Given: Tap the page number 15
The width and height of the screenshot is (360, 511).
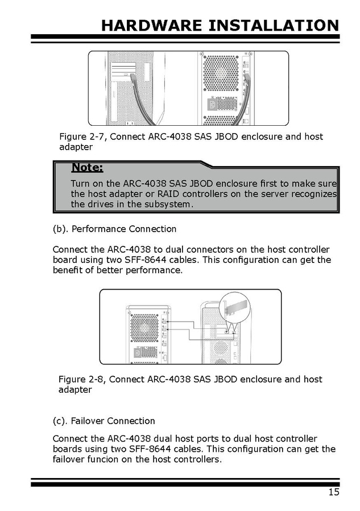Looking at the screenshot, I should (333, 492).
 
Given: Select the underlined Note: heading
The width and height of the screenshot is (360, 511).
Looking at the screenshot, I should (87, 167).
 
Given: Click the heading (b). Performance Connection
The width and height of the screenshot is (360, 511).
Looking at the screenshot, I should (114, 229).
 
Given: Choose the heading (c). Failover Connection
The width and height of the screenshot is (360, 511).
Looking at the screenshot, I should (104, 421).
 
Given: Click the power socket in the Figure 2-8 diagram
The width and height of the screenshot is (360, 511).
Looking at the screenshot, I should (137, 353).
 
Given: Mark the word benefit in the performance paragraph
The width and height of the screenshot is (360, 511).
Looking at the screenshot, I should (69, 270).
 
